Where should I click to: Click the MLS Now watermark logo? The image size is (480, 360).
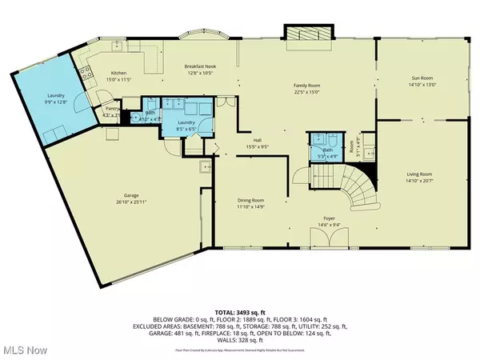point(25,348)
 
